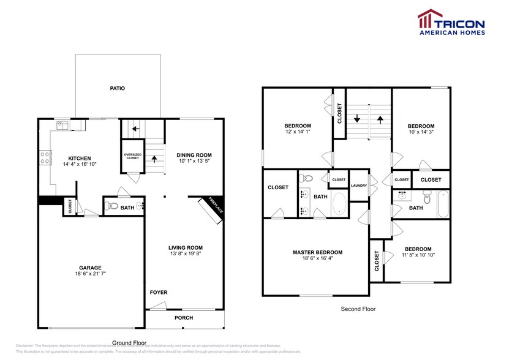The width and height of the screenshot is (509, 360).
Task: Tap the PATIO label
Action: (118, 88)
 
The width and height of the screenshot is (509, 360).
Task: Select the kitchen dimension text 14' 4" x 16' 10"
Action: (80, 164)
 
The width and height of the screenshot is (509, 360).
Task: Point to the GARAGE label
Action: (90, 267)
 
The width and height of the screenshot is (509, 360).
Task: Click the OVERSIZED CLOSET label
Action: (133, 156)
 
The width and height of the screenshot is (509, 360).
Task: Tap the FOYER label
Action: (159, 292)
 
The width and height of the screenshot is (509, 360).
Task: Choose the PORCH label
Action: (184, 318)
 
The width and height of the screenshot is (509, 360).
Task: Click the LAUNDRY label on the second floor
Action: (358, 186)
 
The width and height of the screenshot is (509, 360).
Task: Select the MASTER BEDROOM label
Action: (317, 252)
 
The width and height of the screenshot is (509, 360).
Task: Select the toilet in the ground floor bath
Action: (112, 206)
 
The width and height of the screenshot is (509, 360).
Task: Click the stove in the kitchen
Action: (45, 159)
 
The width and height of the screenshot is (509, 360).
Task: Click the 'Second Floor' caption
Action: (358, 309)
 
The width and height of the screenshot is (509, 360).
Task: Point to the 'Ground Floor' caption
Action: (129, 342)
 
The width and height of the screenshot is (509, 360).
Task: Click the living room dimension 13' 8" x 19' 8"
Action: (186, 253)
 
